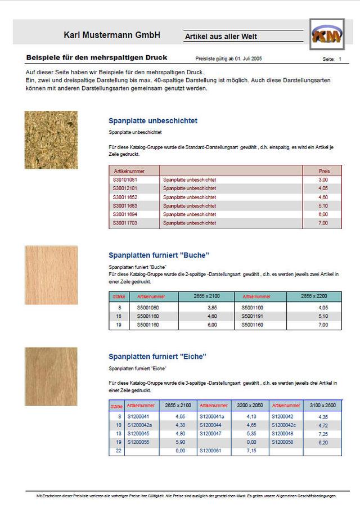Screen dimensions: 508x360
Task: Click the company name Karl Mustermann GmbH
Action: [x=112, y=35]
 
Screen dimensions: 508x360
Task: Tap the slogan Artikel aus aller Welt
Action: [x=222, y=37]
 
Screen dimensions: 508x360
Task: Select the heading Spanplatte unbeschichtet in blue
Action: [x=152, y=120]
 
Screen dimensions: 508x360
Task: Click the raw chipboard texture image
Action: [x=51, y=140]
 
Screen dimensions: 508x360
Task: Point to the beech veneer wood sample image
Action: [x=51, y=275]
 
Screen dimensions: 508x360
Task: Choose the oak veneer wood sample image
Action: [x=51, y=376]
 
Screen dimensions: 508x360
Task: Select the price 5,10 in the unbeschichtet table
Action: [x=323, y=206]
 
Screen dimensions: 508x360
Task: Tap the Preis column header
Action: [x=324, y=170]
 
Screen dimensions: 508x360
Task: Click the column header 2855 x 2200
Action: [x=314, y=296]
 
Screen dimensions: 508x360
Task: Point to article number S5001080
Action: [x=148, y=308]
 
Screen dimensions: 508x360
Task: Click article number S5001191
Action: [x=253, y=316]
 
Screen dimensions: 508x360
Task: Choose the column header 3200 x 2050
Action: [x=250, y=405]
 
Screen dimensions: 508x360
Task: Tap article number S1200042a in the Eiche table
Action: [x=140, y=425]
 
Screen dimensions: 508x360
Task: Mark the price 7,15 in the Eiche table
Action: [x=251, y=451]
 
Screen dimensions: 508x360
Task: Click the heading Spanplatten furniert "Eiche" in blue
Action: [x=157, y=356]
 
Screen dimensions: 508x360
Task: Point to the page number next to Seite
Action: [x=340, y=59]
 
